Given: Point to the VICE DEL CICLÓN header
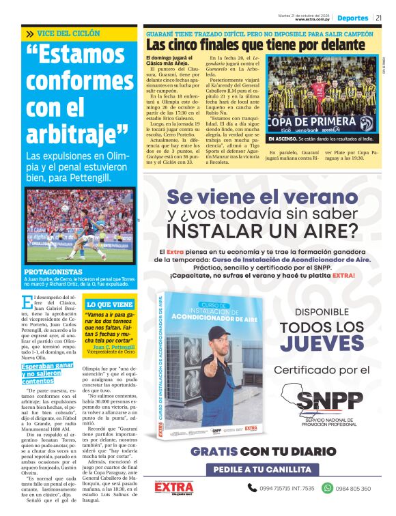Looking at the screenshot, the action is pos(68,33).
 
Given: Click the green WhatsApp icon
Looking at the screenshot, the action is pos(327,488).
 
